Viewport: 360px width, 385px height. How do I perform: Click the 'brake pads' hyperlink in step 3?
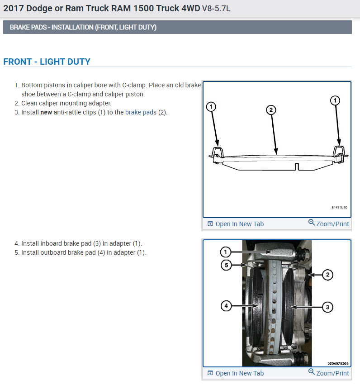pyautogui.click(x=141, y=112)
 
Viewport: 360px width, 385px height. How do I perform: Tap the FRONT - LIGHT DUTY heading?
pyautogui.click(x=47, y=62)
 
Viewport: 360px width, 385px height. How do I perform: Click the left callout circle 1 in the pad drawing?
pyautogui.click(x=210, y=107)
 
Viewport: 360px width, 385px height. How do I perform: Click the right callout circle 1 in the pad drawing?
pyautogui.click(x=335, y=100)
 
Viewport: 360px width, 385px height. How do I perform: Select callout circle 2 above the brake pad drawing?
pyautogui.click(x=270, y=109)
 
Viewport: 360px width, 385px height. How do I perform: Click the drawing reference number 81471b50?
pyautogui.click(x=339, y=208)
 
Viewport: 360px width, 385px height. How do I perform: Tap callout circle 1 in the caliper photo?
pyautogui.click(x=226, y=252)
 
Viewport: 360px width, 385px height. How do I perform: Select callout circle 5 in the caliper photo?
pyautogui.click(x=226, y=265)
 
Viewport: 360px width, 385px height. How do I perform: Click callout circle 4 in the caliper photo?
pyautogui.click(x=226, y=306)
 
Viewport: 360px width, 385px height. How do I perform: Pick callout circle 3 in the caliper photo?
pyautogui.click(x=327, y=307)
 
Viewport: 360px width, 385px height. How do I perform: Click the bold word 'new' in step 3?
pyautogui.click(x=46, y=112)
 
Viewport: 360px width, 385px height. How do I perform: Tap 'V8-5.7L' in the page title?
pyautogui.click(x=216, y=9)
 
